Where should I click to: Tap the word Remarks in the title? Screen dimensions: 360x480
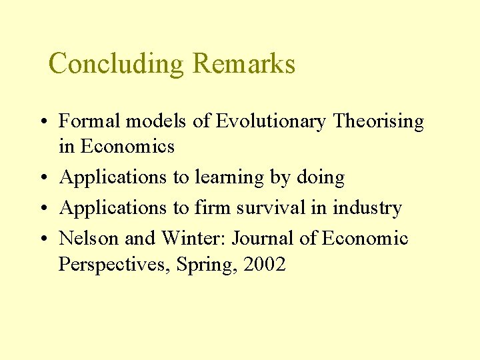pyautogui.click(x=243, y=64)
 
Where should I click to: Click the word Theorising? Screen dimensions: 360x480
pyautogui.click(x=379, y=122)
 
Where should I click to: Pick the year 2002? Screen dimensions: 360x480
pyautogui.click(x=265, y=265)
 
